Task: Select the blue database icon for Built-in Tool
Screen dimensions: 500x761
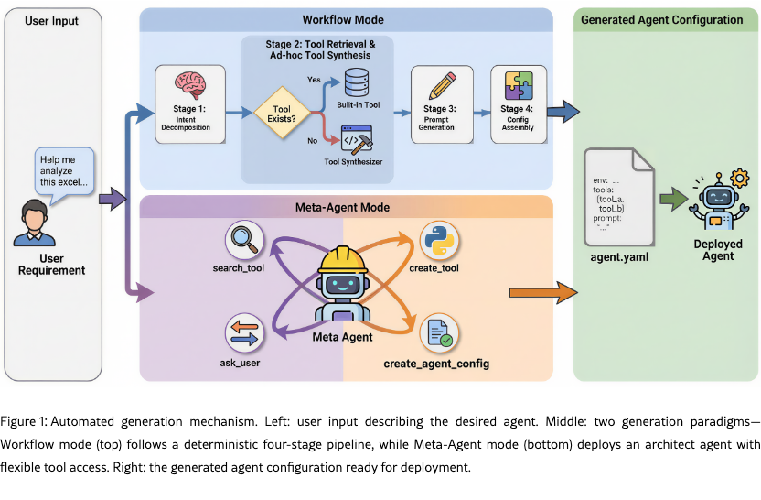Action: pyautogui.click(x=354, y=85)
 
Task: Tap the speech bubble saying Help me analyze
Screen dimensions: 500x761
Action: pyautogui.click(x=64, y=170)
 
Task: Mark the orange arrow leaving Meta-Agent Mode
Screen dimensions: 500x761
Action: pyautogui.click(x=543, y=293)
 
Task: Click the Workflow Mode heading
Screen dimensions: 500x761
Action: pyautogui.click(x=343, y=19)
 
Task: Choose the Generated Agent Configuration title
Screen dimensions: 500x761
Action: pyautogui.click(x=661, y=19)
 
